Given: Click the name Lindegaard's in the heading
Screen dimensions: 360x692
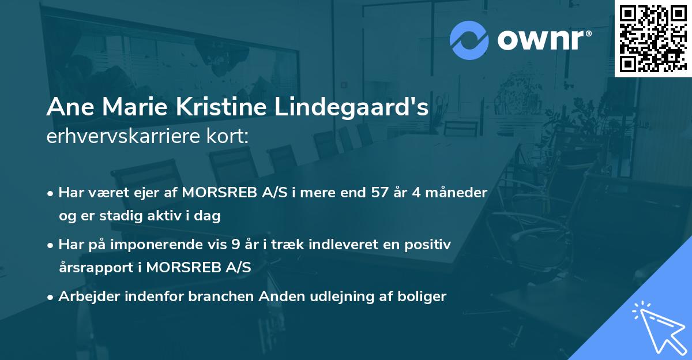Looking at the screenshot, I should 351,108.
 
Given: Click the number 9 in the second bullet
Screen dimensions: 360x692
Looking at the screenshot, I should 235,245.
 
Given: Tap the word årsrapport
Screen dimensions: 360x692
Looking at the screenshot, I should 98,268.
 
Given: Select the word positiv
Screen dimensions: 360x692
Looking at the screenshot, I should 427,245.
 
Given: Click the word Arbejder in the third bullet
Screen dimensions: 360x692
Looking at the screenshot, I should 86,297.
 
